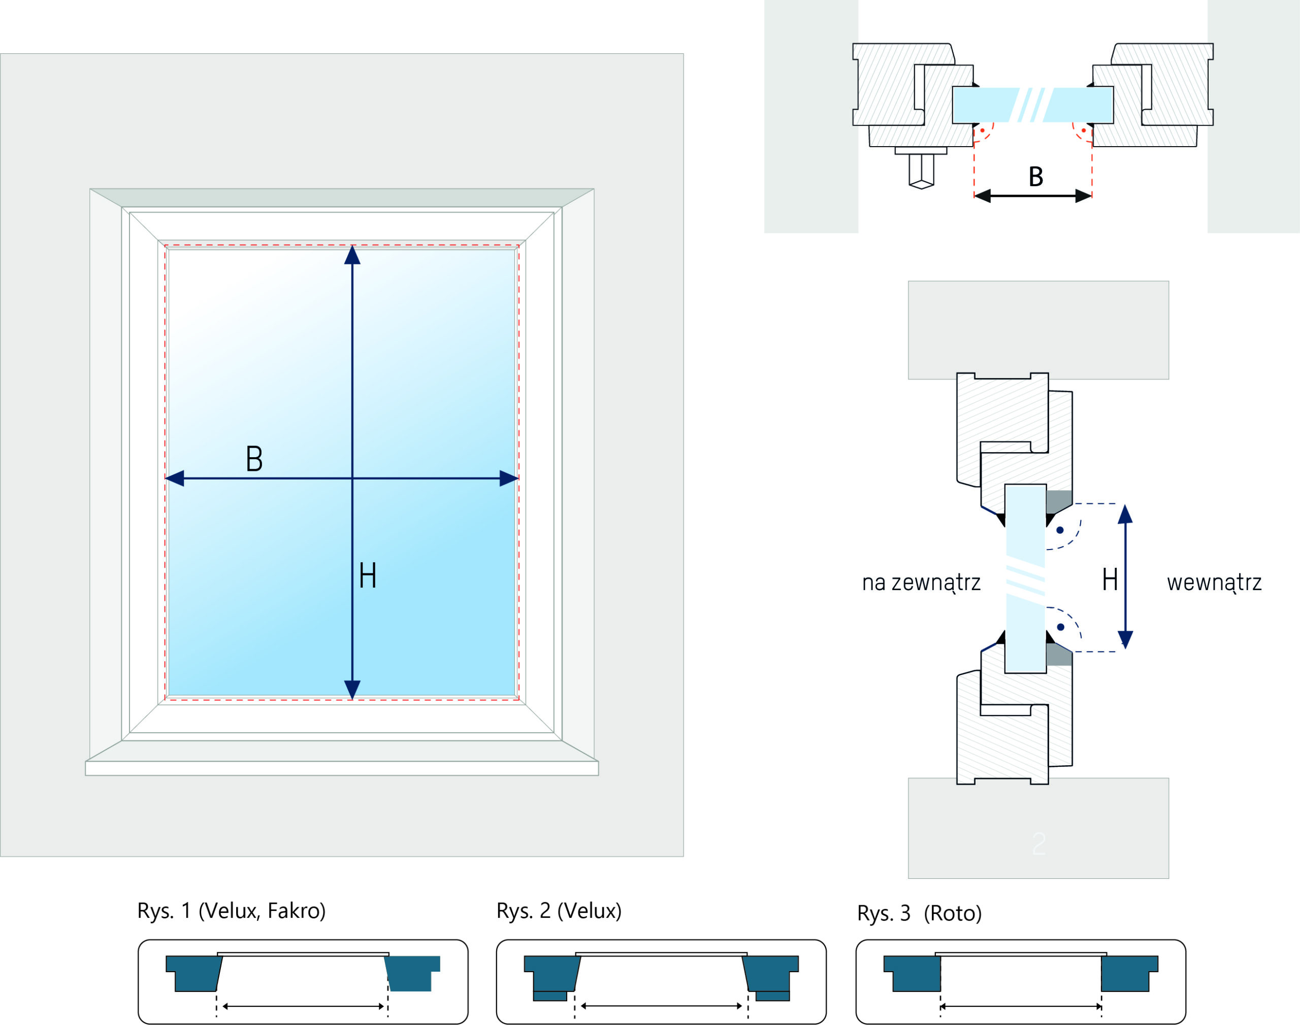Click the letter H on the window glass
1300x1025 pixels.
click(368, 575)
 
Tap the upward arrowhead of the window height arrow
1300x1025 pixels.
click(352, 256)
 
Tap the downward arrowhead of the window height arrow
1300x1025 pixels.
click(352, 689)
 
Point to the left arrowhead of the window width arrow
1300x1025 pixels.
click(175, 479)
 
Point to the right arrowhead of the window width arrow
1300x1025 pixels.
click(509, 479)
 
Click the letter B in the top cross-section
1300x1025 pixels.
click(1036, 177)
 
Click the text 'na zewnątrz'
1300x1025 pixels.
click(921, 583)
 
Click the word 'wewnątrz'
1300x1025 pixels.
click(1214, 583)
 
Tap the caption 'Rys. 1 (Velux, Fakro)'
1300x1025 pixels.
click(232, 911)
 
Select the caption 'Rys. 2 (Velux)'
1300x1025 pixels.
click(559, 911)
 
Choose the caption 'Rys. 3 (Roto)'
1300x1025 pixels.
click(919, 913)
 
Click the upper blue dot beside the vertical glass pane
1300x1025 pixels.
click(1060, 530)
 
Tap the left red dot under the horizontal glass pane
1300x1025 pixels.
click(982, 130)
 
